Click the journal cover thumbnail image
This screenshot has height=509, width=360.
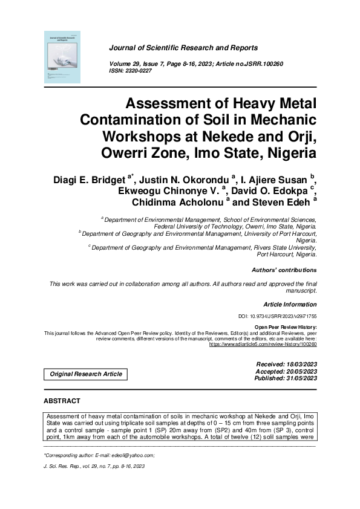pos(62,56)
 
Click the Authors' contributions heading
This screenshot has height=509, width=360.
pos(284,270)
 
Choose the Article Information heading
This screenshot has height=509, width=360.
pos(290,304)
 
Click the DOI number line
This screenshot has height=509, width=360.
pos(278,316)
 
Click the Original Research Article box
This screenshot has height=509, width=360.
pos(86,374)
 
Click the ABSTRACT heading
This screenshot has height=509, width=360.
pos(62,401)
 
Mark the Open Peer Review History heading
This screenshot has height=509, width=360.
pos(286,327)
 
